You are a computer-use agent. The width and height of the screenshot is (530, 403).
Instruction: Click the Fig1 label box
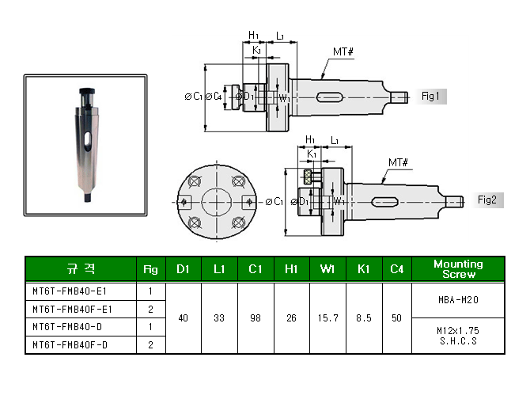tap(432, 97)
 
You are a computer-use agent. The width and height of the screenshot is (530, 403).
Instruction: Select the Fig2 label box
tap(488, 200)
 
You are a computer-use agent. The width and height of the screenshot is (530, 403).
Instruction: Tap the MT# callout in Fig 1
tap(343, 51)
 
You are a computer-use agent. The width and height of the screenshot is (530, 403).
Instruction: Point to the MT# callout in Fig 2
tap(398, 162)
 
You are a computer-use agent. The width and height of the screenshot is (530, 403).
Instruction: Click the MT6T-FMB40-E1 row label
tap(70, 291)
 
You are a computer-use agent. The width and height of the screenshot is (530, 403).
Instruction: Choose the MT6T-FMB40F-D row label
tap(70, 345)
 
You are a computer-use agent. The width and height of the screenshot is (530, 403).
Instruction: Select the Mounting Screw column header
tap(458, 269)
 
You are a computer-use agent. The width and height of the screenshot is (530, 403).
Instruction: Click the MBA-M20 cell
tap(458, 300)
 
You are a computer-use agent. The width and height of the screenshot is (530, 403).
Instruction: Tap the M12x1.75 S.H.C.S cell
tap(458, 336)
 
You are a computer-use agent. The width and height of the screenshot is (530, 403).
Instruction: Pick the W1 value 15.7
tap(327, 318)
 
